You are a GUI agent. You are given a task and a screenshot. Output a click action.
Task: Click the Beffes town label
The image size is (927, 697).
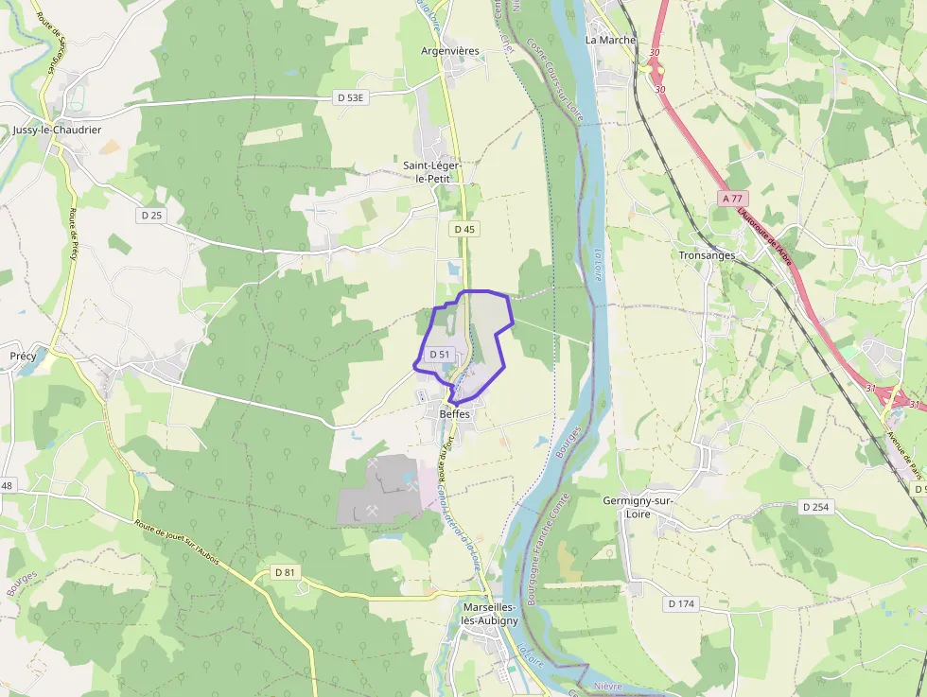click(454, 414)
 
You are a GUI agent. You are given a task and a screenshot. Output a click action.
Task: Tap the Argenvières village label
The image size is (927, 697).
click(451, 51)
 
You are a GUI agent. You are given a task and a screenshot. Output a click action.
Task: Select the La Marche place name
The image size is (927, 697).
click(610, 40)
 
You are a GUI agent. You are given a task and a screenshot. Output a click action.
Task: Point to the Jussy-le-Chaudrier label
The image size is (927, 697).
click(57, 130)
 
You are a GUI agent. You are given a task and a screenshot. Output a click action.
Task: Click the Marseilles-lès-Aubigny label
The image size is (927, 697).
click(490, 613)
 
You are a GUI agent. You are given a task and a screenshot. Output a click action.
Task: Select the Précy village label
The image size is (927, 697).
click(23, 356)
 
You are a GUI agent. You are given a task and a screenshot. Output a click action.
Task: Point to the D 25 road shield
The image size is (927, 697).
click(151, 216)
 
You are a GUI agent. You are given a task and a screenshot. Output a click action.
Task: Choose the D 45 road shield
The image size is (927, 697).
click(463, 229)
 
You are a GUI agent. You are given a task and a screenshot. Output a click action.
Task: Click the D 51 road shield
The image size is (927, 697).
click(438, 354)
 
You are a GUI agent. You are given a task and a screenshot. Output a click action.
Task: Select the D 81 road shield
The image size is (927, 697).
click(285, 572)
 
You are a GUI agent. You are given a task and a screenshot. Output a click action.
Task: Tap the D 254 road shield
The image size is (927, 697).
click(815, 507)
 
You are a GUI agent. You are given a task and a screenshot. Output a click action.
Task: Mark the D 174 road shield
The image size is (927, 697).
click(680, 603)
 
